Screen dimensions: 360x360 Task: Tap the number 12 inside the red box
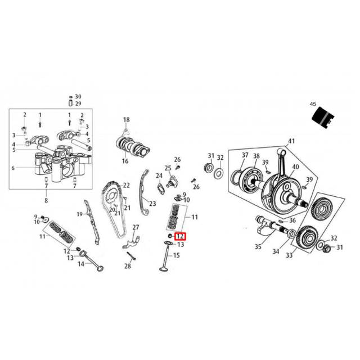181,237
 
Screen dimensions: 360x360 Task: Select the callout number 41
291,141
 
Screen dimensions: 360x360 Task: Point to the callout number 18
127,120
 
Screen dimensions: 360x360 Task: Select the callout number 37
245,155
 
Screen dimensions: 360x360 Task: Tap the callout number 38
256,156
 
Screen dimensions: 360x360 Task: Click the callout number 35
258,246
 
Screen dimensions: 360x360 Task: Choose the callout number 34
276,251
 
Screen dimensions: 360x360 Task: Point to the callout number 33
290,256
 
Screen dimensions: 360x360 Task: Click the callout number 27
135,227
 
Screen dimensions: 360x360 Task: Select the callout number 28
128,266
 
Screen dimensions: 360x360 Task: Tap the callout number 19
80,214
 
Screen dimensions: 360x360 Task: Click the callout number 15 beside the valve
176,255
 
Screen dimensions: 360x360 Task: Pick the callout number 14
81,263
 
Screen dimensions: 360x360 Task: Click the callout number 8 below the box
46,201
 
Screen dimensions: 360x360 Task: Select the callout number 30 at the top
78,96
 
